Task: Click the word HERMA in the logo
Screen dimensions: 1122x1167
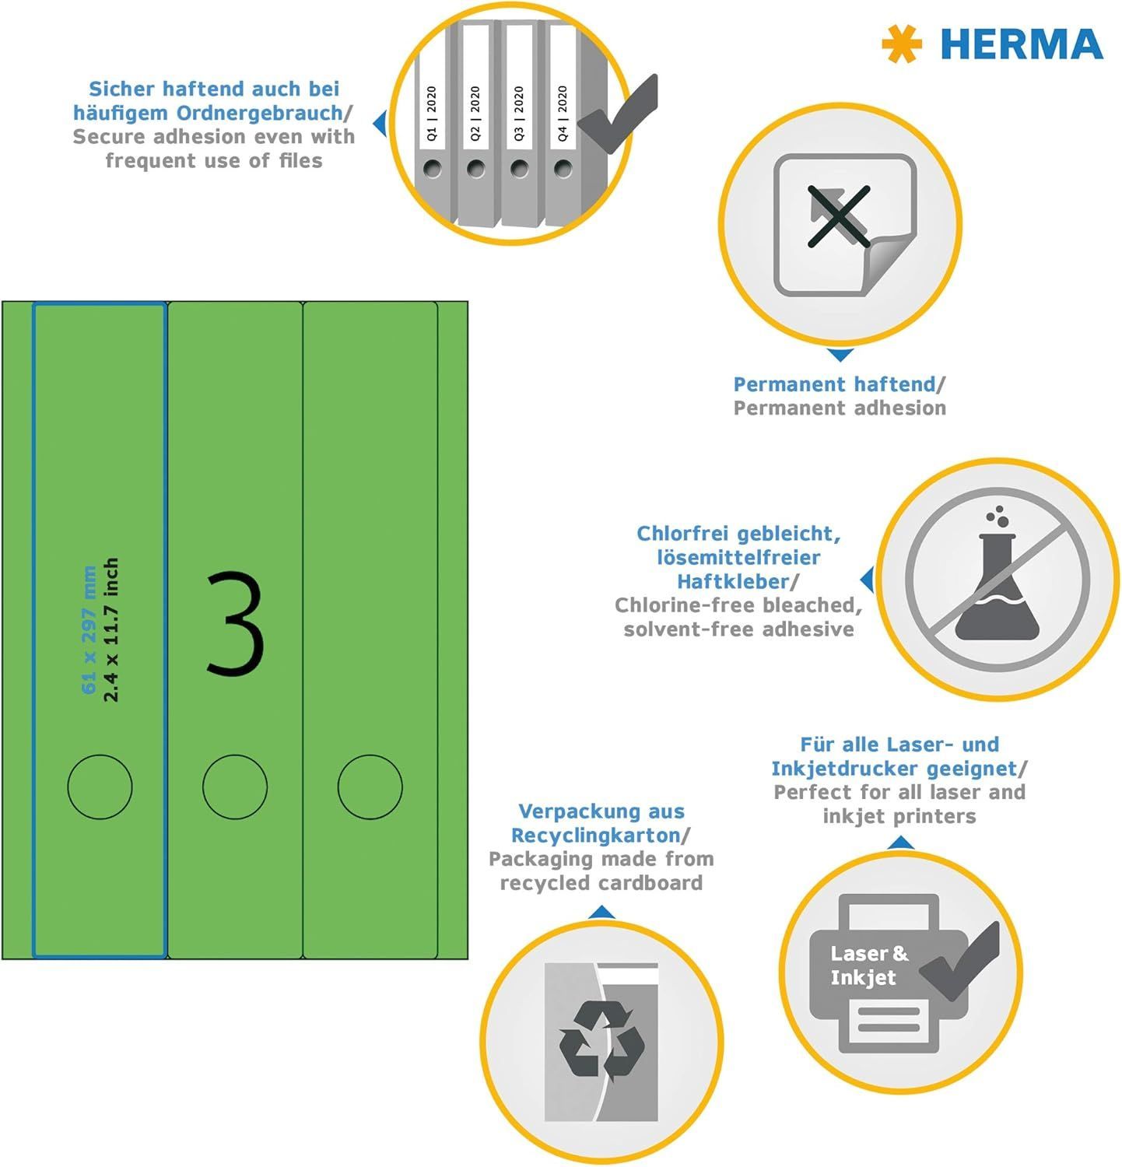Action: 1022,44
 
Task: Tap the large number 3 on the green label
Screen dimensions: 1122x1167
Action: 235,622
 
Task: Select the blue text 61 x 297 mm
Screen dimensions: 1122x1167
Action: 89,630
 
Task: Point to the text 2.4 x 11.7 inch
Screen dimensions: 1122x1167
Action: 111,630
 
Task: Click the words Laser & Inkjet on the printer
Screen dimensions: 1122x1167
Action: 869,965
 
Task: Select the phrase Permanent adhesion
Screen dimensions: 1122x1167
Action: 840,408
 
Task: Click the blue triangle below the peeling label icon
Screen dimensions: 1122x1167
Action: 840,355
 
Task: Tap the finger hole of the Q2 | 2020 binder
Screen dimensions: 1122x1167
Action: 476,168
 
